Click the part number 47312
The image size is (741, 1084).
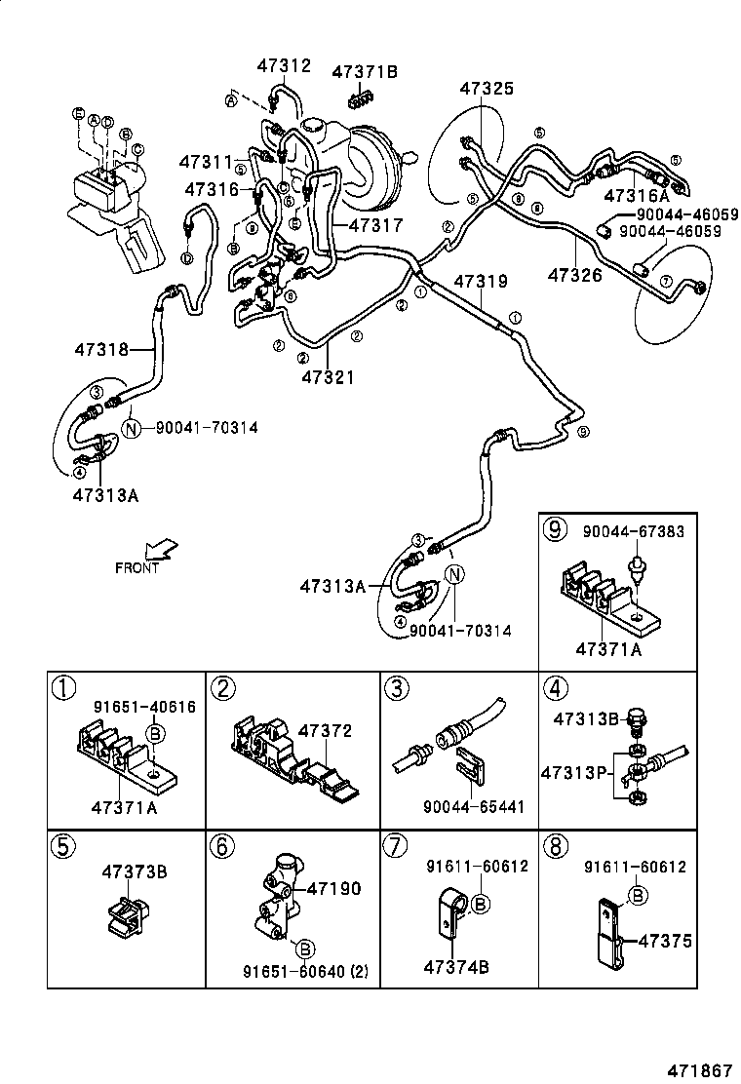click(x=284, y=66)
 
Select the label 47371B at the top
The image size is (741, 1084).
click(x=365, y=71)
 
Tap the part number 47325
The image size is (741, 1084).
click(x=487, y=89)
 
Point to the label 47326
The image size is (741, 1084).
click(x=574, y=275)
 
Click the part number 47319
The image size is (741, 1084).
click(x=479, y=282)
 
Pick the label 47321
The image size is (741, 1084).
click(x=329, y=377)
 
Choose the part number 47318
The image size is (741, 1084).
click(x=100, y=348)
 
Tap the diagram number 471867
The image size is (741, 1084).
click(x=697, y=1069)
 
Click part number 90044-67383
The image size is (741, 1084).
click(x=633, y=532)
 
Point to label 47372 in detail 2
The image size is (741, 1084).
click(x=324, y=730)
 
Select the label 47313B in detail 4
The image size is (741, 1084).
click(x=586, y=719)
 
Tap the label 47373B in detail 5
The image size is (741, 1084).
click(x=134, y=871)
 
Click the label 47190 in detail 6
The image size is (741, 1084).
click(x=333, y=888)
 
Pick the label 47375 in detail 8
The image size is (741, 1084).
click(x=664, y=941)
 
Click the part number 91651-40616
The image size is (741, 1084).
click(x=130, y=708)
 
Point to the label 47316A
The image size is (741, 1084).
click(x=637, y=195)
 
